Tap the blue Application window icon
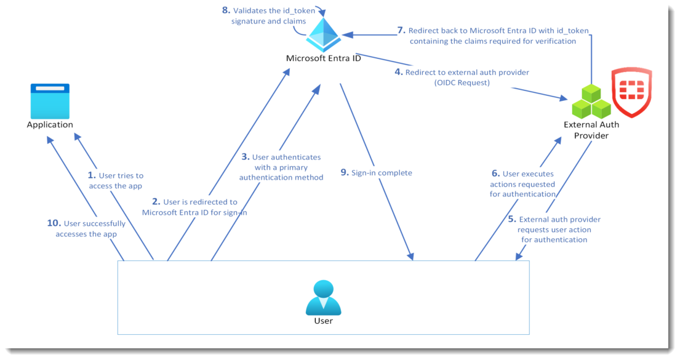pos(50,102)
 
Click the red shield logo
pos(631,92)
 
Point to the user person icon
pos(323,298)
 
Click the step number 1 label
pos(92,175)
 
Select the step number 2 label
pos(156,202)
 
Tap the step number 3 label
pos(246,157)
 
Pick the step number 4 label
pos(399,72)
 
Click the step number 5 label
pos(511,219)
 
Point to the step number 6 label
pos(495,174)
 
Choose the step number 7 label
pos(401,30)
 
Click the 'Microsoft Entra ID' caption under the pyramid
pos(324,58)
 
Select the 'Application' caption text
pos(50,125)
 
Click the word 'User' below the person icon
pos(323,321)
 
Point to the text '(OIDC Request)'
pos(462,82)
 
